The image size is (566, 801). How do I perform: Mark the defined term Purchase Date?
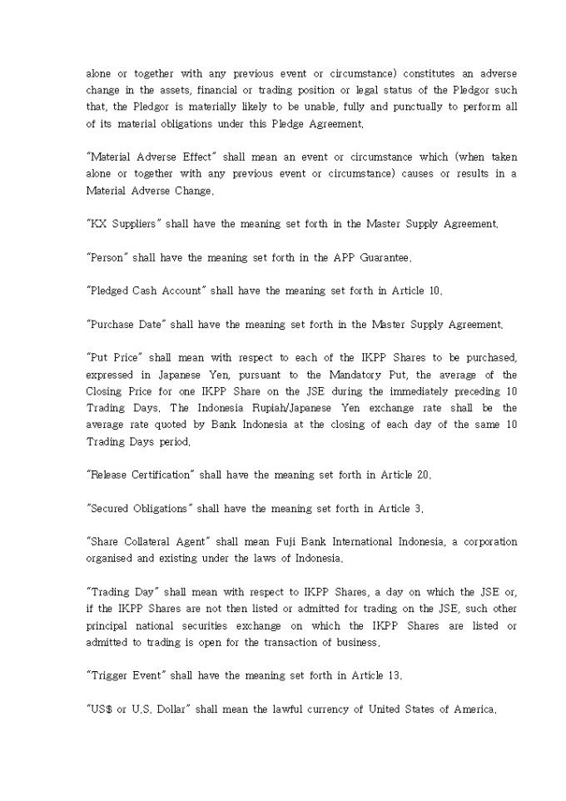[x=124, y=324]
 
